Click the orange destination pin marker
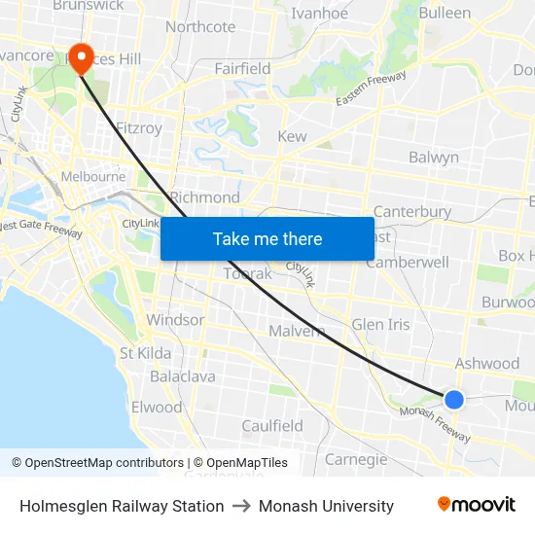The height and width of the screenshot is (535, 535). click(80, 57)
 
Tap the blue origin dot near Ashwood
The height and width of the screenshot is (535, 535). click(453, 399)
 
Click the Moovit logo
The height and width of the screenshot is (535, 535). click(476, 505)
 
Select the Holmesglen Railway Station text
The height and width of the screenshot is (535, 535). click(122, 506)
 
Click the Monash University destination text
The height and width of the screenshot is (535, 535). click(326, 506)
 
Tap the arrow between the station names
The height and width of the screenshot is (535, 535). click(241, 506)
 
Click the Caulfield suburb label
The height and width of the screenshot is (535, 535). click(272, 426)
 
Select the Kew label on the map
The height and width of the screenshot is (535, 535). click(292, 137)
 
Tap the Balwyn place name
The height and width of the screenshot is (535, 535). click(433, 158)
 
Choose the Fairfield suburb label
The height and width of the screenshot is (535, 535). click(242, 69)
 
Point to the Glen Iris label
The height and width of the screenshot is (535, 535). click(380, 324)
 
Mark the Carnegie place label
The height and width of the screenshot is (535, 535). click(356, 459)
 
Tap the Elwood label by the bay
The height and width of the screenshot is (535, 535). click(157, 408)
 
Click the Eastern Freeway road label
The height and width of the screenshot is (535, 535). click(371, 89)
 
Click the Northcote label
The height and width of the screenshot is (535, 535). click(200, 27)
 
